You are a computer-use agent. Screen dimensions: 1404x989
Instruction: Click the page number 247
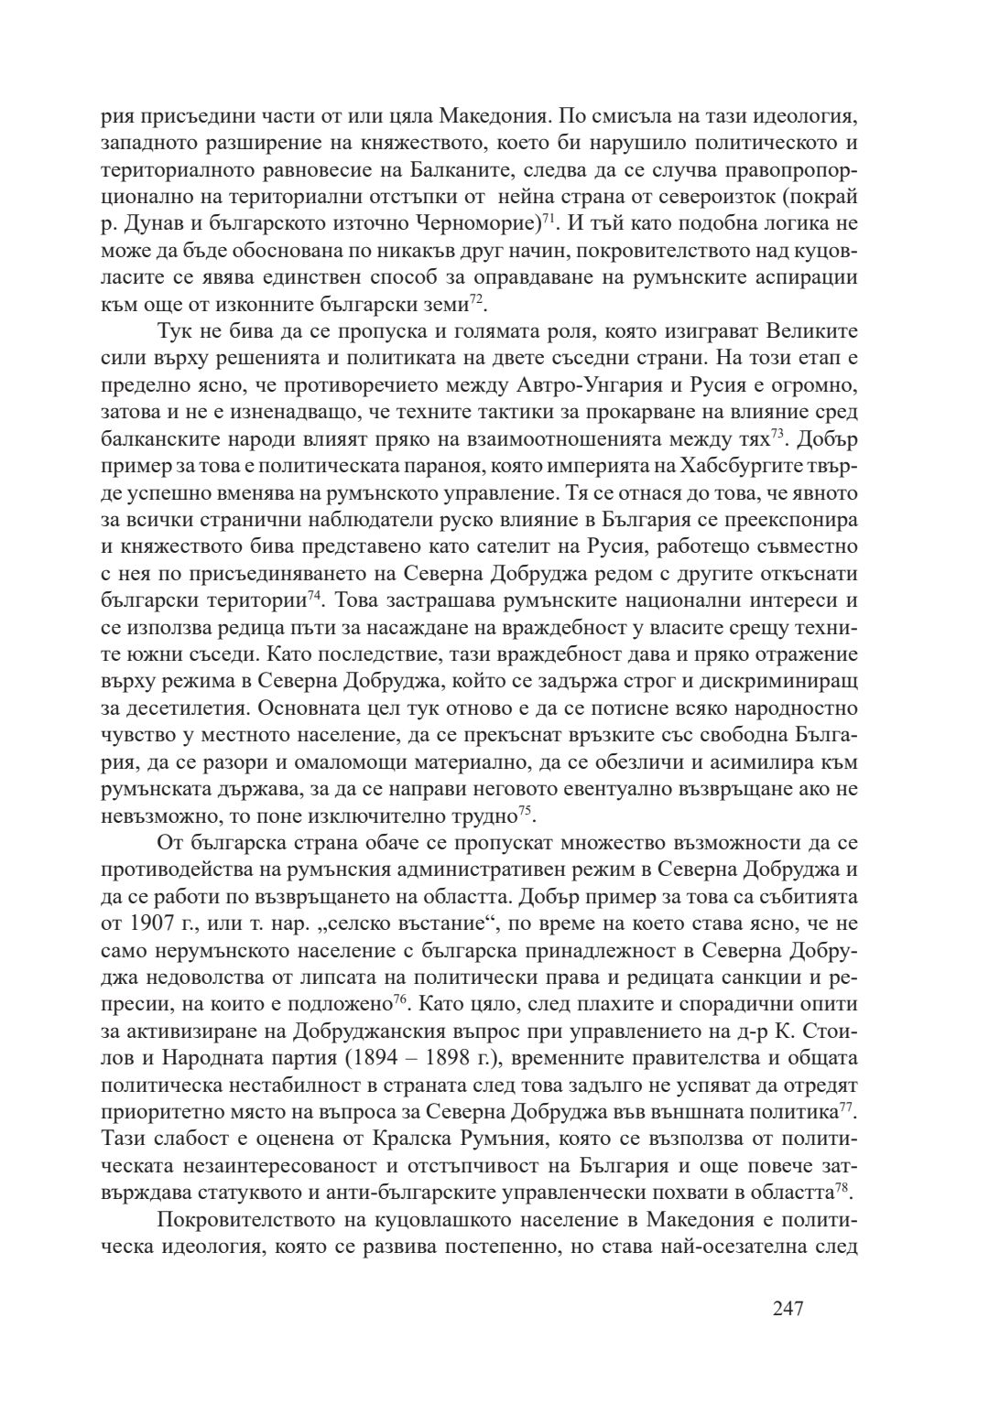[788, 1308]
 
